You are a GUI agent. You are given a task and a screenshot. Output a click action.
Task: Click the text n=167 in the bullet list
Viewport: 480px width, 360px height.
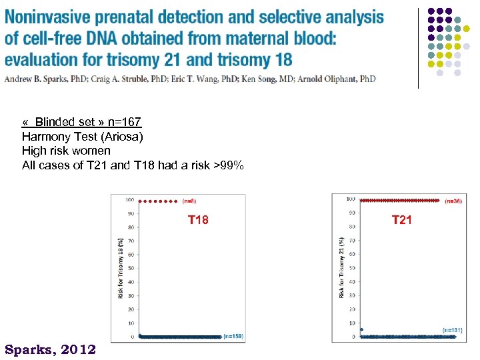(x=125, y=122)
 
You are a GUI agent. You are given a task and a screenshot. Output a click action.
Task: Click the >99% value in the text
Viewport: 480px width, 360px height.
(x=228, y=165)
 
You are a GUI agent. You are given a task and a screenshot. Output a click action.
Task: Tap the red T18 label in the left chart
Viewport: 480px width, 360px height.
(x=198, y=220)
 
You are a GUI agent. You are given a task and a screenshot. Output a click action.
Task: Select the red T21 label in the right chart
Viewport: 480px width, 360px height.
(x=402, y=220)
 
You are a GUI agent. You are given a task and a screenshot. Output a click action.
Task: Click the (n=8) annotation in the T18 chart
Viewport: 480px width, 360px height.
(x=189, y=201)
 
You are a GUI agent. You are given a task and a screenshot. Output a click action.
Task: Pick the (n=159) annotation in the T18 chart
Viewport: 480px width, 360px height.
(x=233, y=336)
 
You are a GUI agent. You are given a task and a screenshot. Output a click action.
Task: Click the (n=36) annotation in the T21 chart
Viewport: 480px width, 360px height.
(x=453, y=201)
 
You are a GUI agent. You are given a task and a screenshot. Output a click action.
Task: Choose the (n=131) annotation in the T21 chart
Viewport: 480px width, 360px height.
(x=453, y=330)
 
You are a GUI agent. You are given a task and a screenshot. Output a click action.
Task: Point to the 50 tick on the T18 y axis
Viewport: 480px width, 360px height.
(x=131, y=268)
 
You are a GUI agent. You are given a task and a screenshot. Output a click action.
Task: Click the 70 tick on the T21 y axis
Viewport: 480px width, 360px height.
(x=351, y=241)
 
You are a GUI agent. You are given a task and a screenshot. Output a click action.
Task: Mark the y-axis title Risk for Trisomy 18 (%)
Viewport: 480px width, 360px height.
(x=121, y=268)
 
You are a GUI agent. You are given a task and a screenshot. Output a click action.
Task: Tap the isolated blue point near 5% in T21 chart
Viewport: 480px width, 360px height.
(x=361, y=329)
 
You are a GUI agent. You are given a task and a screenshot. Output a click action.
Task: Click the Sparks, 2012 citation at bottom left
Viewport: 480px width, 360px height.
(x=50, y=349)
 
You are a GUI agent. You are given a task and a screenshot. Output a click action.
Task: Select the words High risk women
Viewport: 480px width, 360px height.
(x=66, y=151)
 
